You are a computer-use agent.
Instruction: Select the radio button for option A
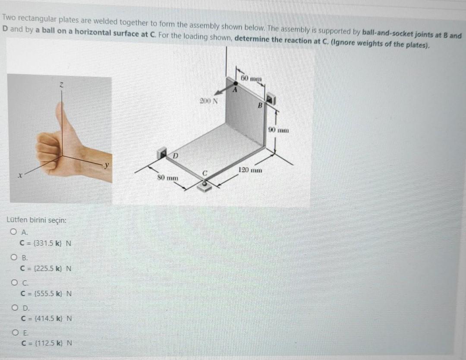pyautogui.click(x=13, y=231)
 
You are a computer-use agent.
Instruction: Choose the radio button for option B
pyautogui.click(x=14, y=257)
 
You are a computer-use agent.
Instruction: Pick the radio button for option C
pyautogui.click(x=14, y=282)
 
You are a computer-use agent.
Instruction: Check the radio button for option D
pyautogui.click(x=15, y=307)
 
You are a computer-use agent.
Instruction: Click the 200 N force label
pyautogui.click(x=209, y=101)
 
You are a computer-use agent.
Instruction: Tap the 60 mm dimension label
pyautogui.click(x=252, y=79)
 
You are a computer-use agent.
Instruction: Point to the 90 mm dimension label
pyautogui.click(x=278, y=130)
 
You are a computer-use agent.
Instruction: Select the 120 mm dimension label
pyautogui.click(x=250, y=170)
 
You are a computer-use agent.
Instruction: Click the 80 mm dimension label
pyautogui.click(x=167, y=178)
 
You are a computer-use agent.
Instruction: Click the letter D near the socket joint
pyautogui.click(x=175, y=156)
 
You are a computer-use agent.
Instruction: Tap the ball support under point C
pyautogui.click(x=205, y=185)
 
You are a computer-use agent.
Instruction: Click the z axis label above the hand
pyautogui.click(x=61, y=85)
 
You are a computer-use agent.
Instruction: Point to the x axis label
pyautogui.click(x=20, y=176)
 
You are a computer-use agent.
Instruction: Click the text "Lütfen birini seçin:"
pyautogui.click(x=37, y=220)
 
